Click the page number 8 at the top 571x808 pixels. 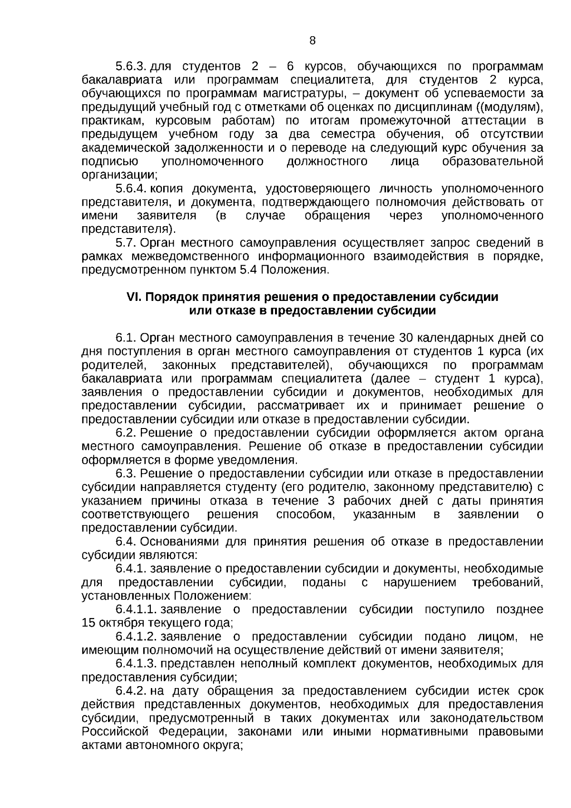coord(312,40)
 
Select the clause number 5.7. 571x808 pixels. coord(126,243)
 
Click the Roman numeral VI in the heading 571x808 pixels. coord(131,297)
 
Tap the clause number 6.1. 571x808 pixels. coord(126,338)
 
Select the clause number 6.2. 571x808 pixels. coord(126,433)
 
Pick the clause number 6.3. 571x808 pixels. coord(126,474)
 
